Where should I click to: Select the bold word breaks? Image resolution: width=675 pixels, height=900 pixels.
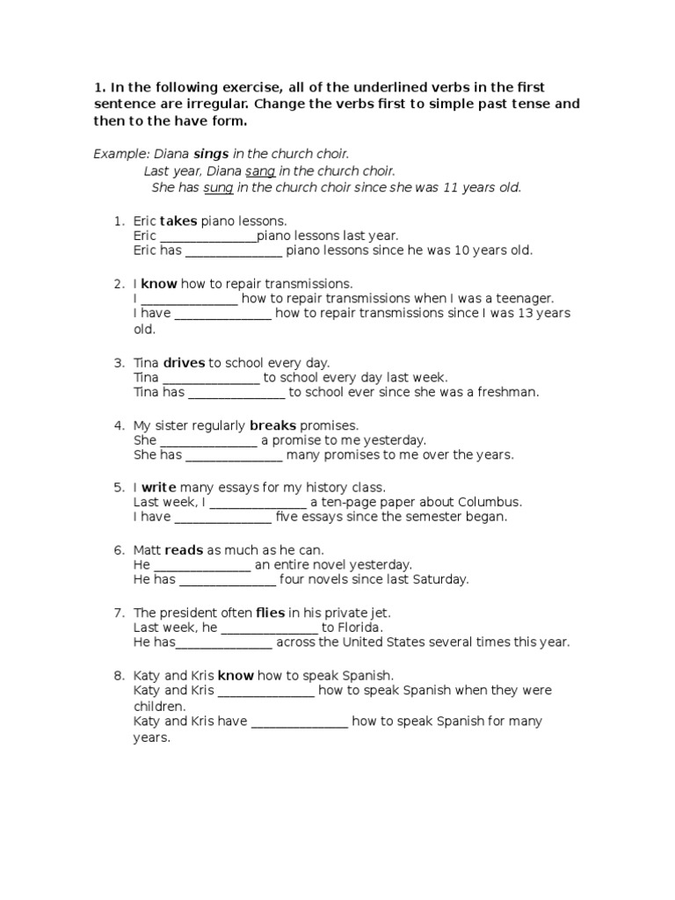tap(273, 425)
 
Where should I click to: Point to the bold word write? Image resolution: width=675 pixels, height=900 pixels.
tap(159, 487)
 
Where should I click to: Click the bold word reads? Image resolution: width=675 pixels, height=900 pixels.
tap(184, 549)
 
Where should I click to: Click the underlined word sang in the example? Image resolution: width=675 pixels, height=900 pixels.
tap(260, 171)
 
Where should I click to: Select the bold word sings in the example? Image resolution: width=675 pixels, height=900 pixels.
tap(211, 154)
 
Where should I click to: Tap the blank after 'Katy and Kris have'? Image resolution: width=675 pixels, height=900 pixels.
tap(301, 722)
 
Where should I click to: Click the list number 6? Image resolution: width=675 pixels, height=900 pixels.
tap(118, 550)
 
